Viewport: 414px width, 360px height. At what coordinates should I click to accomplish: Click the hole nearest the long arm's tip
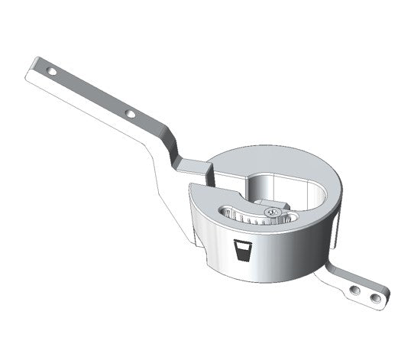click(53, 70)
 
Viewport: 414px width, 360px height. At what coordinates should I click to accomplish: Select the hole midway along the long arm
click(131, 113)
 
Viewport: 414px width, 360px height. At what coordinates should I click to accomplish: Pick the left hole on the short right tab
click(354, 289)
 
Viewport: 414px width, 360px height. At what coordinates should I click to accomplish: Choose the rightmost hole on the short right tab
click(374, 294)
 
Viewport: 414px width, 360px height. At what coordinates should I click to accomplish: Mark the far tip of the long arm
click(34, 62)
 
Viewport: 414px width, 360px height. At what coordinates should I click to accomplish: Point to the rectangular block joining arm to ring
click(194, 165)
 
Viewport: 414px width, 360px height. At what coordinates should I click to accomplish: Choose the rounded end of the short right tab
click(383, 296)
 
